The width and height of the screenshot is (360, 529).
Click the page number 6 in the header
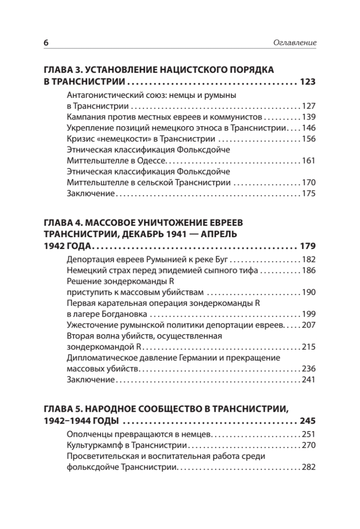click(x=45, y=43)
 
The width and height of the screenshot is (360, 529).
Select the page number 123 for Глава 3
click(x=308, y=82)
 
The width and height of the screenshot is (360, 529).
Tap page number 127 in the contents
click(x=308, y=106)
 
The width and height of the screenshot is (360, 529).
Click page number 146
click(x=308, y=128)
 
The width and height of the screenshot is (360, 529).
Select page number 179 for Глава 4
click(x=308, y=246)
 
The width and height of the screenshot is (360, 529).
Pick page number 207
click(x=308, y=324)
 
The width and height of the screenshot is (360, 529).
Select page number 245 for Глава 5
click(x=308, y=420)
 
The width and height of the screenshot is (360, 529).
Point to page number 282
click(x=308, y=466)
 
